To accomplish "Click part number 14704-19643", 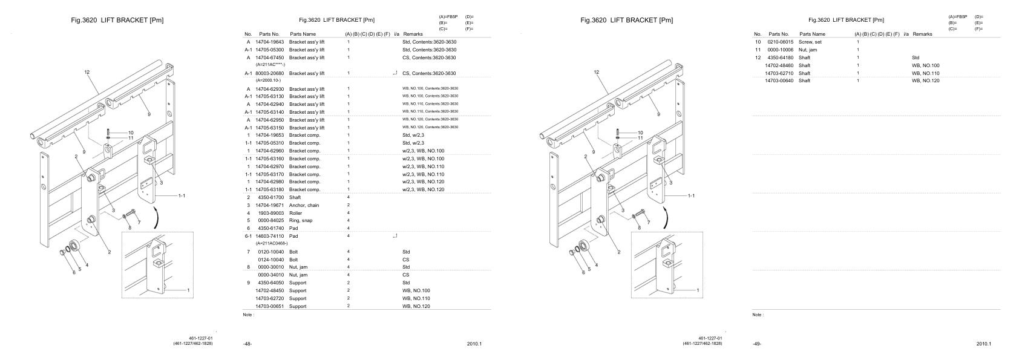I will click(269, 42).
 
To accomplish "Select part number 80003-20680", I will click(269, 73).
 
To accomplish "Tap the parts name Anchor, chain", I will click(304, 205).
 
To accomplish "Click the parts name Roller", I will click(296, 213).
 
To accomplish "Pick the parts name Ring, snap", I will click(301, 221).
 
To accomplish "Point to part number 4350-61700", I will click(270, 197).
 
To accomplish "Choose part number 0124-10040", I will click(270, 260).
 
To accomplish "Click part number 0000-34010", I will click(270, 275).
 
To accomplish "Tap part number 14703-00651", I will click(272, 306).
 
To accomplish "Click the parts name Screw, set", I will click(810, 42).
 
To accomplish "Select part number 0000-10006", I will click(781, 50).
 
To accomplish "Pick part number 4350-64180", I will click(781, 57).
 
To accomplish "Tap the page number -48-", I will click(247, 344).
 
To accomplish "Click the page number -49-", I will click(757, 344).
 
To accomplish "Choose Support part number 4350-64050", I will click(270, 283).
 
